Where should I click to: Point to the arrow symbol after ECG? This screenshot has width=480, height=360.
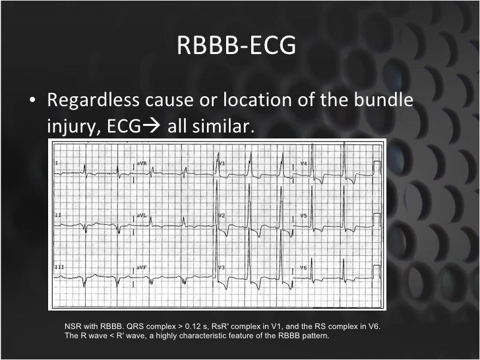(156, 125)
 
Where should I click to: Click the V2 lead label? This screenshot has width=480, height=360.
(222, 216)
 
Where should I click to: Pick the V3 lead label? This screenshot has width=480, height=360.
(222, 267)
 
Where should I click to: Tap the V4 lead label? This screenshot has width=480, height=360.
(304, 162)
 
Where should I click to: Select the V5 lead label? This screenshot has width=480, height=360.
(304, 215)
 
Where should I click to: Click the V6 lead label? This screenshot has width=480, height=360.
(304, 267)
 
